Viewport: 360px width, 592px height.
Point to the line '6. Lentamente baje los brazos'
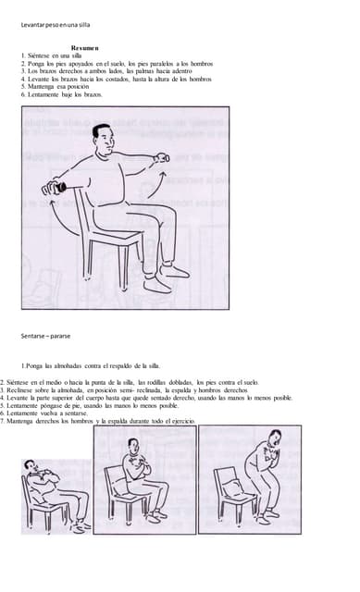[x=61, y=95]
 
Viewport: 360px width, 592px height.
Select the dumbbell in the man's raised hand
[x=162, y=159]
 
